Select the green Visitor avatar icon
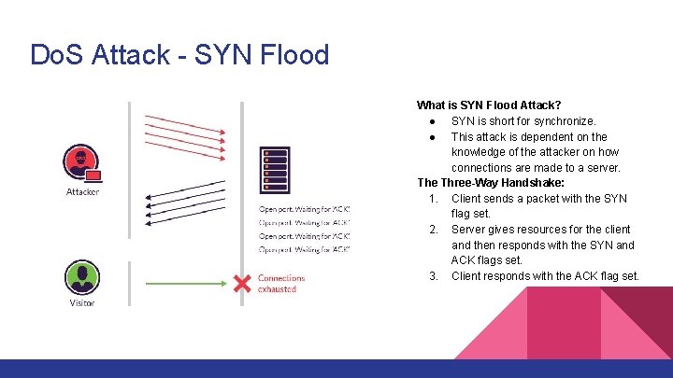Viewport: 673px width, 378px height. [x=81, y=277]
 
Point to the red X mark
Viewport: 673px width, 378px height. [x=243, y=281]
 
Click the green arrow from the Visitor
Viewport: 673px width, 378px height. [x=187, y=280]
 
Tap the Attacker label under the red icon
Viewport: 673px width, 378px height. [x=82, y=192]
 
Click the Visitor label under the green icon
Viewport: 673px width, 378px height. [x=82, y=303]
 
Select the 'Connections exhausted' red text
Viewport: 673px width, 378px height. [x=280, y=284]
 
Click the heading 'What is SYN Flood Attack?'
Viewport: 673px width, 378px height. [x=494, y=105]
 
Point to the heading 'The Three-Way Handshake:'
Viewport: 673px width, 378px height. [x=490, y=183]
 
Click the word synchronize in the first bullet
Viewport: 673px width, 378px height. [x=562, y=121]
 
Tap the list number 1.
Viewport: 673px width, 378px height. [x=433, y=199]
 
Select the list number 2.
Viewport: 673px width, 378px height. [x=433, y=230]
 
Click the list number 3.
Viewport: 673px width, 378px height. [x=433, y=275]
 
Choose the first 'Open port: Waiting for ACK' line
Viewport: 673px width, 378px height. [x=304, y=208]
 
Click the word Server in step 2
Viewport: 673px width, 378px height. [x=470, y=230]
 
